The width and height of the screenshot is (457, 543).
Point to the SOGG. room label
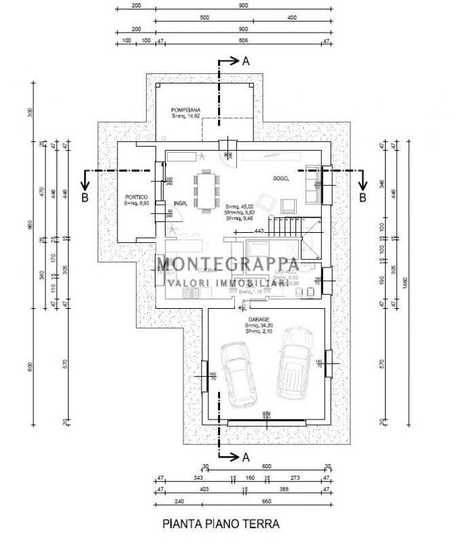point(279,179)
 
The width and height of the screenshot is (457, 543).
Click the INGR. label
point(180,202)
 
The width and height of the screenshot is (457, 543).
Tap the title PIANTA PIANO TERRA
point(220,524)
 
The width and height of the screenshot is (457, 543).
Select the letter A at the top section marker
point(246,61)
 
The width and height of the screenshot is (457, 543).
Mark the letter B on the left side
point(84,198)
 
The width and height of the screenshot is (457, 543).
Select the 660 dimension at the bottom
point(266,503)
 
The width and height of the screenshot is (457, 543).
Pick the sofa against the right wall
point(314,185)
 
